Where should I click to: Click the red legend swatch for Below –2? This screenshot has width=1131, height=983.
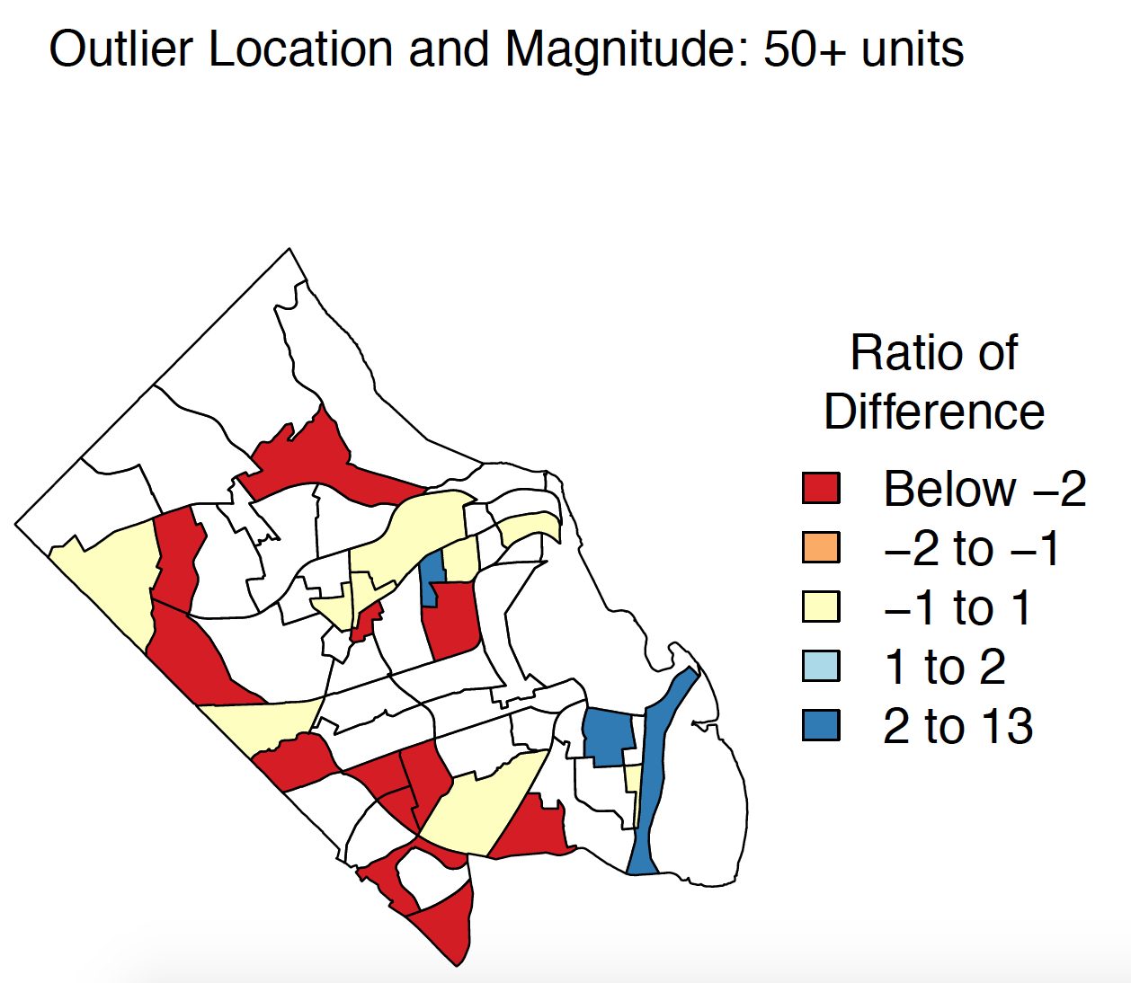pos(821,488)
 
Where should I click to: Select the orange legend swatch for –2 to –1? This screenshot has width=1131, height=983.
pos(821,547)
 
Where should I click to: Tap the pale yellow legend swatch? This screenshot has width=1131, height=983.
pos(821,607)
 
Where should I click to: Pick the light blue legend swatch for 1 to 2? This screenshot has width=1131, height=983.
pos(821,666)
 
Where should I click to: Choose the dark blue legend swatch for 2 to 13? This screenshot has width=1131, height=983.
pos(821,724)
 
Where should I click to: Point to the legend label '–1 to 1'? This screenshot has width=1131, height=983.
pos(957,607)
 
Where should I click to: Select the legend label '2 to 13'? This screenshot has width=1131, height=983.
pos(958,726)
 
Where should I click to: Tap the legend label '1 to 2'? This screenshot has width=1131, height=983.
pos(945,667)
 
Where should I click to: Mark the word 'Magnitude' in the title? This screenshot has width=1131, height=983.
pos(627,49)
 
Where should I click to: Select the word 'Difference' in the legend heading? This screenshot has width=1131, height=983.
pos(934,412)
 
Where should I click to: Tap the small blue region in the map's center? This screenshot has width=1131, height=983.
pos(432,578)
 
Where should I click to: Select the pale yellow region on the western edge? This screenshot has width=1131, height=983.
pos(105,580)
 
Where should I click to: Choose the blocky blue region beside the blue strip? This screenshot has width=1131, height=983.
pos(608,736)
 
